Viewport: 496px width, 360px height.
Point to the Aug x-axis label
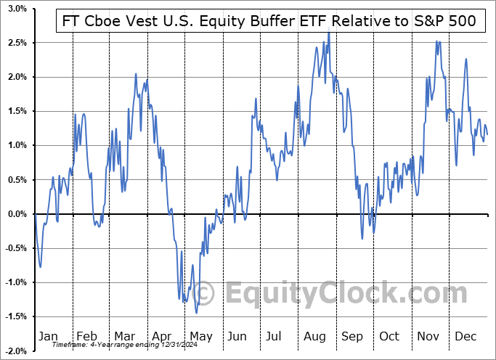315,336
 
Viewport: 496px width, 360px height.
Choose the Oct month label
389,336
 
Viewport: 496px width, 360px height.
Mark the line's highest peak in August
328,32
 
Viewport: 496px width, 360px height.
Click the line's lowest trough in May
197,313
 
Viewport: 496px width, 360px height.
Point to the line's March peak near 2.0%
136,74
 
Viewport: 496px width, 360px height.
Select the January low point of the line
41,266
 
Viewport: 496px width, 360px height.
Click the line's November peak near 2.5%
437,41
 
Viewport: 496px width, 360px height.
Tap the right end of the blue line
487,134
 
